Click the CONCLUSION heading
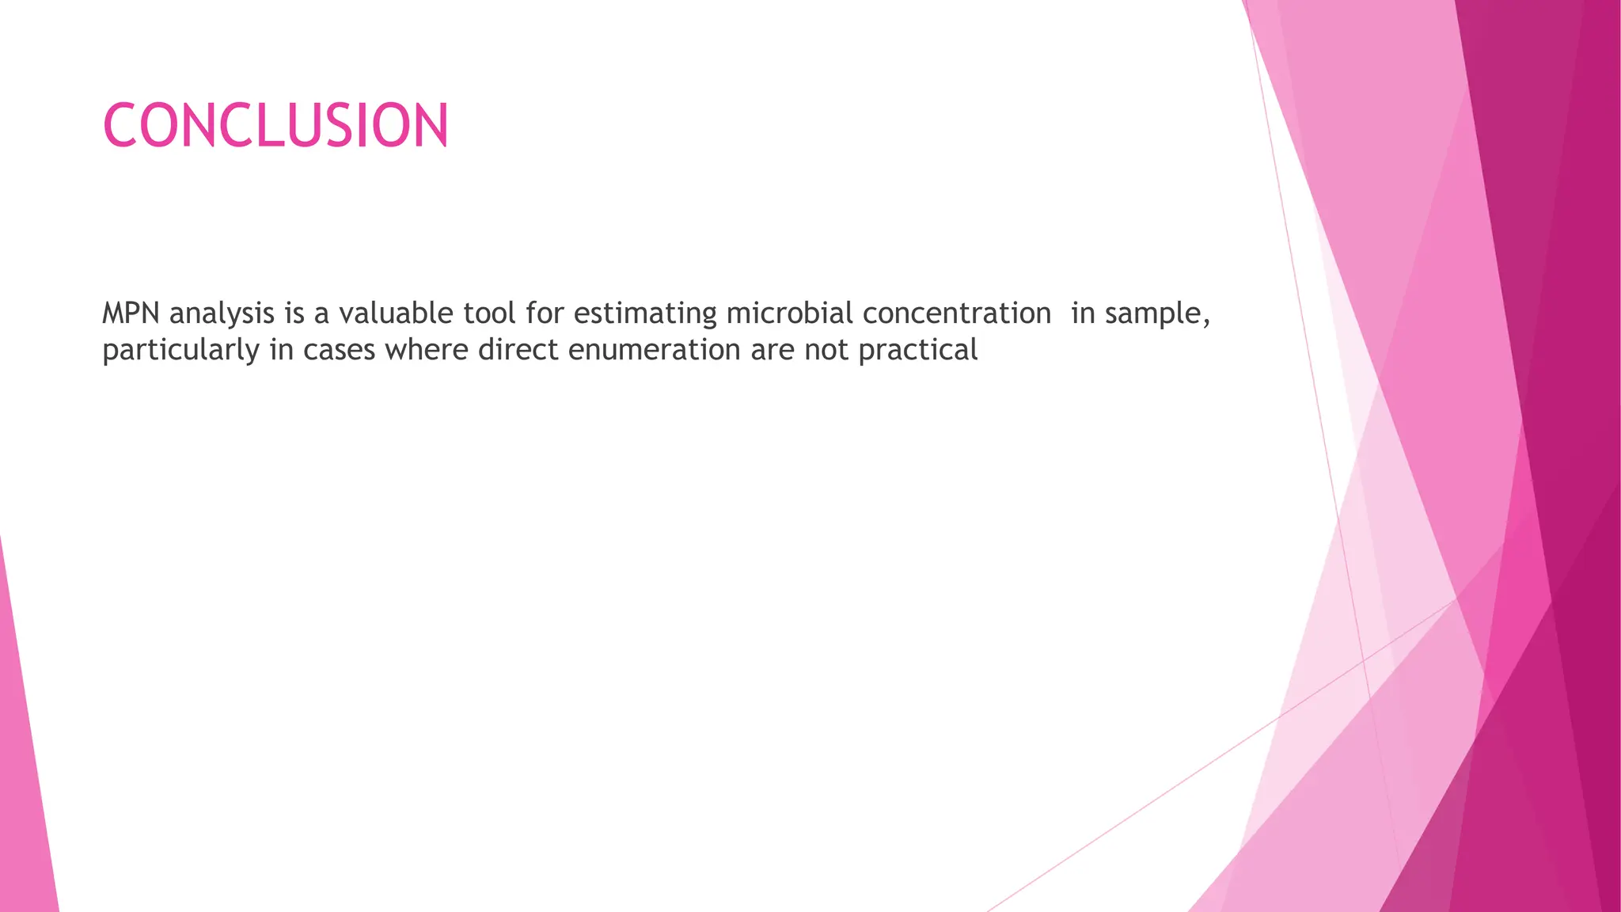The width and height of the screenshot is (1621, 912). pos(275,126)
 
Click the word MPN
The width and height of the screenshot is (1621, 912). pos(131,313)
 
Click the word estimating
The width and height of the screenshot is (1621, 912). pos(645,314)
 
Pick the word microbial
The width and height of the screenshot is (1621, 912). pos(789,313)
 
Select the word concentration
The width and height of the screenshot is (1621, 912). pos(956,313)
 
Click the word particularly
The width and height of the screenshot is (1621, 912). pos(181,350)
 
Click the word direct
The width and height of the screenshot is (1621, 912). pos(518,350)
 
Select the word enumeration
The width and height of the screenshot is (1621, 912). pos(654,350)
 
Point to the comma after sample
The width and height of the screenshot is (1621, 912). pos(1206,321)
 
